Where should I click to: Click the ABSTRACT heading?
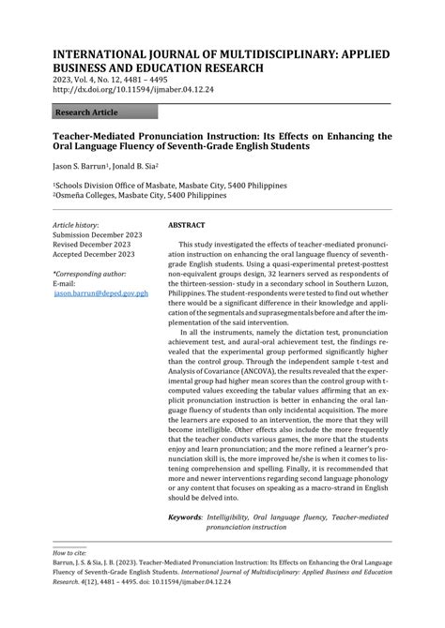187,226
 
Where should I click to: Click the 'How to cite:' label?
72,554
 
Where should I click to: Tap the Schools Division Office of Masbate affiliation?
146,187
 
